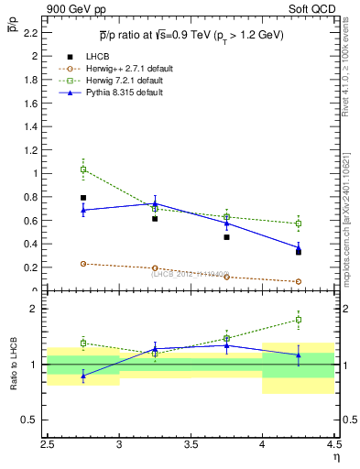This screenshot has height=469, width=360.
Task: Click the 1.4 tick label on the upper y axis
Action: (31, 126)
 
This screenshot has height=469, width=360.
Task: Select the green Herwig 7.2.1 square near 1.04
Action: (83, 169)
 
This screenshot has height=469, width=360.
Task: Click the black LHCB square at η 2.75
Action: (83, 198)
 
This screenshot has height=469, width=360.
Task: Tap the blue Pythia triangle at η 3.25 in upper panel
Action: (155, 203)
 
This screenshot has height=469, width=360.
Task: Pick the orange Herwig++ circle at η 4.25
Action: (298, 282)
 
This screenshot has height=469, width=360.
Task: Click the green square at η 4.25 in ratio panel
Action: (298, 320)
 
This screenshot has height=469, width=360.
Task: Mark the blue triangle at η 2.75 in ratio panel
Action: (83, 376)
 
